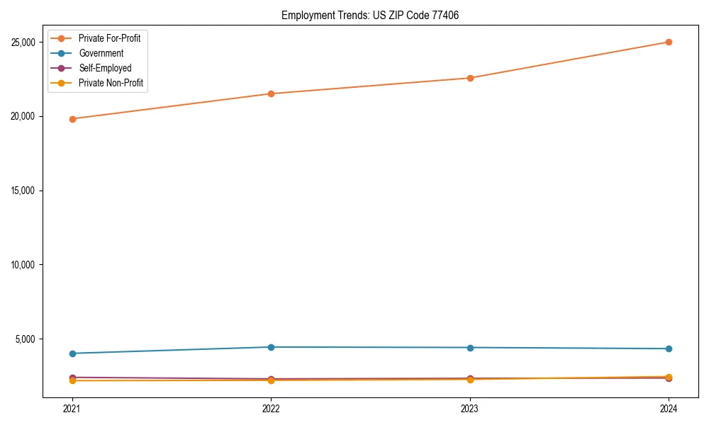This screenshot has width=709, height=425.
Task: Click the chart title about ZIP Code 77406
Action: (369, 16)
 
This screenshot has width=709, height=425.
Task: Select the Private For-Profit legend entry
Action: (109, 38)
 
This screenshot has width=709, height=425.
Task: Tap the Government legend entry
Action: (101, 53)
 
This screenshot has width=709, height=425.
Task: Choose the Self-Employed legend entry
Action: (105, 68)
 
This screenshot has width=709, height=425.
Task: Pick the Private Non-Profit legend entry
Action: (111, 83)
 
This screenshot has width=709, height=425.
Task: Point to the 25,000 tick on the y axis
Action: (24, 42)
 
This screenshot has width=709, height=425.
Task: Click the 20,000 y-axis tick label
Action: (24, 116)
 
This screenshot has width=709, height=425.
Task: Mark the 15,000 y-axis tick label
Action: (24, 191)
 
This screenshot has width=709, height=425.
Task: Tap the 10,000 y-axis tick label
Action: (24, 265)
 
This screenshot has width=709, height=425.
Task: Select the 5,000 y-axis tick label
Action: (26, 339)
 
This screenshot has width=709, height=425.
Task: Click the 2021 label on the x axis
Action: (72, 409)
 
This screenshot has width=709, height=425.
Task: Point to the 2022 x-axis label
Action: (271, 409)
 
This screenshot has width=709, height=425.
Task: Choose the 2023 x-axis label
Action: (469, 409)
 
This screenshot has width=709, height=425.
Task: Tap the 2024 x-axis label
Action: (669, 409)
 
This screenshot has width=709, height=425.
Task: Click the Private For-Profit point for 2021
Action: (72, 119)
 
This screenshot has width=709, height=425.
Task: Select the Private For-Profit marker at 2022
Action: (271, 93)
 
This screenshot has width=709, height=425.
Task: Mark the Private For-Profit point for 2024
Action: (669, 42)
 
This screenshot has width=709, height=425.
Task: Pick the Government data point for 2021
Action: (72, 353)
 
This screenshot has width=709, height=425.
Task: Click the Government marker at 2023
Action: (469, 348)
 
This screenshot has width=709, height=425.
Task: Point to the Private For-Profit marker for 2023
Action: (469, 78)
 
